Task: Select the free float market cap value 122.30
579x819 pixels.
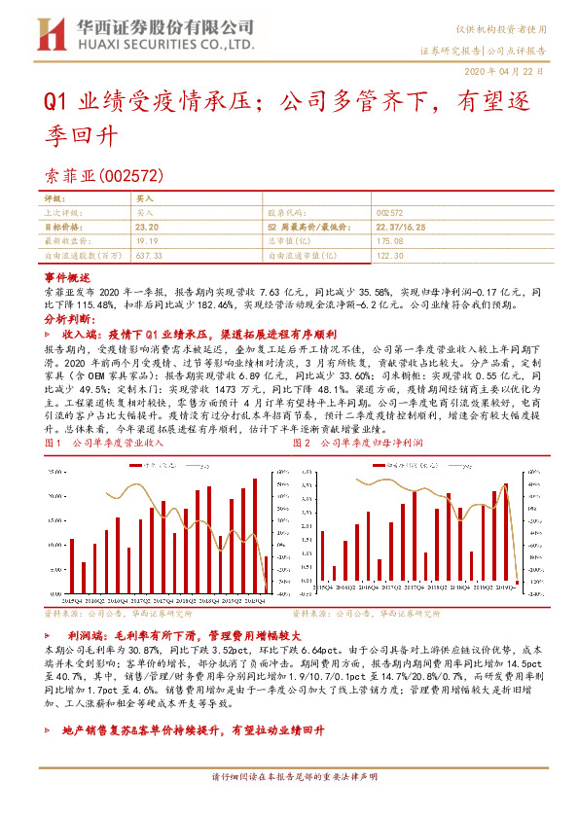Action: (x=388, y=254)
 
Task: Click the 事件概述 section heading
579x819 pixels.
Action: (x=67, y=277)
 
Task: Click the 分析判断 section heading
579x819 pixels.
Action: (x=69, y=318)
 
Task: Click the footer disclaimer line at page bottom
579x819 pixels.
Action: (x=289, y=805)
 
